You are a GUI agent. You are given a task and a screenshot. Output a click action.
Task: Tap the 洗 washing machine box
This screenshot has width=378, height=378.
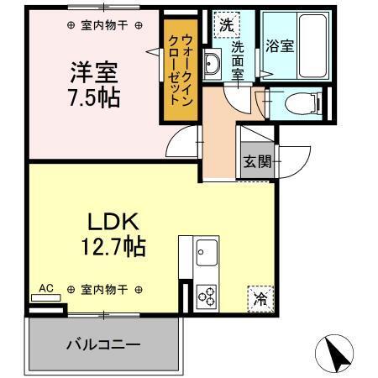click(225, 24)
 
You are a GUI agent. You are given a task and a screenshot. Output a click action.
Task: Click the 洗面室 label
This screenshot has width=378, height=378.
click(238, 60)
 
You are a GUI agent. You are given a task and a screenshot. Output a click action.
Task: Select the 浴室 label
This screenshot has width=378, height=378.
click(281, 46)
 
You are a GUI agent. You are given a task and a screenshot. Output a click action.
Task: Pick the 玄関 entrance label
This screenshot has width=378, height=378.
click(257, 162)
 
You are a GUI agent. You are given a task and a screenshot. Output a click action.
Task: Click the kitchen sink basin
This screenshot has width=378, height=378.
click(207, 252)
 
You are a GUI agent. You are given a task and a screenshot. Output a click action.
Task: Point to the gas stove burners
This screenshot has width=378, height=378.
click(207, 295)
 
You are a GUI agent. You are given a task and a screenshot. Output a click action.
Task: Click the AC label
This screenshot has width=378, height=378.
click(46, 288)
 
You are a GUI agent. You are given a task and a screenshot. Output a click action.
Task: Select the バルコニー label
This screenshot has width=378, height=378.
click(103, 344)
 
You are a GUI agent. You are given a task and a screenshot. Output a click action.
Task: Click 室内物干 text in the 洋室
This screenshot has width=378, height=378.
click(104, 26)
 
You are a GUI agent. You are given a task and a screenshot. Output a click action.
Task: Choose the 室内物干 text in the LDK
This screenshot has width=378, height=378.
click(104, 290)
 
